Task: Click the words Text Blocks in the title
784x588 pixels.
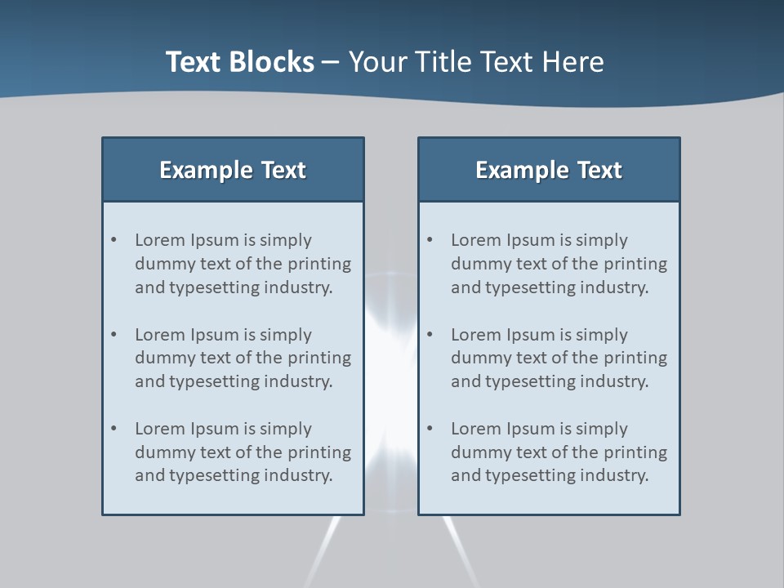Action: click(x=239, y=62)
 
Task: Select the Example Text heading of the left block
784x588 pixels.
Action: click(x=233, y=170)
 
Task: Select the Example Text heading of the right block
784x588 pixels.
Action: click(x=549, y=170)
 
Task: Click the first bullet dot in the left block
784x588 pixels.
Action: click(x=114, y=240)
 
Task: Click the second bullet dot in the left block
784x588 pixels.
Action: click(x=114, y=335)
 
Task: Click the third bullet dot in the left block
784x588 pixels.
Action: click(x=114, y=429)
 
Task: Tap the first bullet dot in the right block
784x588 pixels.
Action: click(x=430, y=240)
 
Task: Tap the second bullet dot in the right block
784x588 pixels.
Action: click(x=430, y=335)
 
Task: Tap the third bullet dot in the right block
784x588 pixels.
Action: click(x=430, y=429)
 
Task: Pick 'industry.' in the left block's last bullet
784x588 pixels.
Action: click(x=297, y=475)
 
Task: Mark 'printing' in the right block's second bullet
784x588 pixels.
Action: click(x=635, y=358)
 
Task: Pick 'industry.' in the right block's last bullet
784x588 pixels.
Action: click(x=613, y=475)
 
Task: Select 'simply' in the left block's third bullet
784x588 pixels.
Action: click(x=286, y=429)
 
